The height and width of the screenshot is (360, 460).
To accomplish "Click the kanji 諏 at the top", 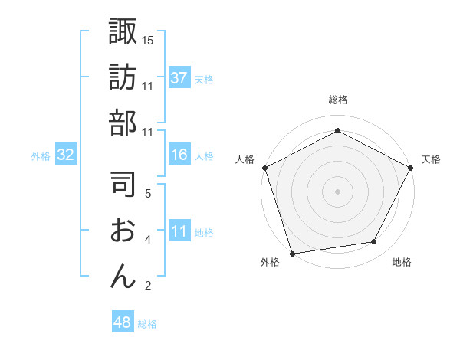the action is (x=123, y=32).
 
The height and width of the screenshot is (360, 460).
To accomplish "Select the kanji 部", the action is (x=123, y=122).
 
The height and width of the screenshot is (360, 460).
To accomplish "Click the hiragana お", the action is (x=123, y=230).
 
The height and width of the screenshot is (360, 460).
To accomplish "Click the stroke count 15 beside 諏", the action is (x=148, y=39).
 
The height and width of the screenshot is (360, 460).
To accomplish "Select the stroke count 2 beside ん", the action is (x=147, y=286).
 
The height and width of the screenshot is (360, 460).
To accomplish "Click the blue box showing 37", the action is (x=179, y=78).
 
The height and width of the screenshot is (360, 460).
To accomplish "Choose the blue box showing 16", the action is (x=179, y=155).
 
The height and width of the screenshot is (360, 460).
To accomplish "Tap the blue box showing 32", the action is (x=65, y=155).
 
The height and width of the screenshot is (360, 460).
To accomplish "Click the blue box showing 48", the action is (x=123, y=323).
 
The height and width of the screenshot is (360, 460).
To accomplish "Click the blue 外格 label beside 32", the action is (x=41, y=156).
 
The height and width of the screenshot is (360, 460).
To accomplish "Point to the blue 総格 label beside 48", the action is (x=147, y=324).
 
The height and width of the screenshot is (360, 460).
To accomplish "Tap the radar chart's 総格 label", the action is (x=337, y=100).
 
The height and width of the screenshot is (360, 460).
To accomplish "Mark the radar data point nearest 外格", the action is (x=292, y=252).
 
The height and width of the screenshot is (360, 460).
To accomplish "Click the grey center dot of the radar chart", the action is (x=337, y=191).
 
